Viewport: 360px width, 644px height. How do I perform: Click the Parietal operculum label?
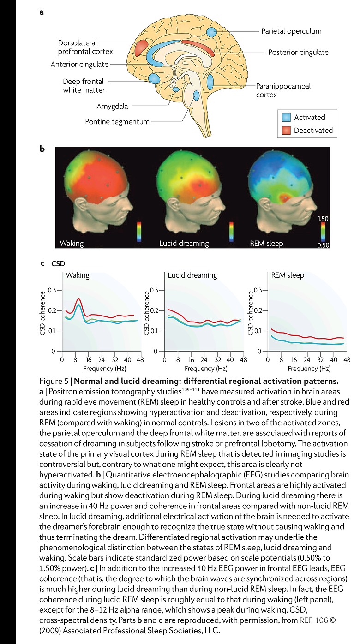tap(291, 31)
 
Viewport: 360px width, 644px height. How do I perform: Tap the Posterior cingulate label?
tap(298, 52)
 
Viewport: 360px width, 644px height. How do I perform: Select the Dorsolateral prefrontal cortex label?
tap(85, 47)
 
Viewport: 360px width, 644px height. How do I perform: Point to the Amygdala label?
tap(112, 106)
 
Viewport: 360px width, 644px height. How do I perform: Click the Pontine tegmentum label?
tap(117, 122)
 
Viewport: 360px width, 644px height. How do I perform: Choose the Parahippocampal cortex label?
tap(283, 90)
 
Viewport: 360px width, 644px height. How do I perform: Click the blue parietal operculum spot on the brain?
tap(211, 32)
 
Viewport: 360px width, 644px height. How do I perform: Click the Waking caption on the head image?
tap(72, 243)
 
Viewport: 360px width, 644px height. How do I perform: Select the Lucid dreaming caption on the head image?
tap(184, 243)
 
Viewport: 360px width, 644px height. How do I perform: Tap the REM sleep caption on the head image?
tap(266, 243)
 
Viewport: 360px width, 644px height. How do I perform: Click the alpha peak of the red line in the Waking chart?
tap(78, 299)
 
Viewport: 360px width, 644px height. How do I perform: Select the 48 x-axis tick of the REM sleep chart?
tap(347, 359)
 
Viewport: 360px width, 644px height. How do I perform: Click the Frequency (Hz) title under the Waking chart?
tap(105, 369)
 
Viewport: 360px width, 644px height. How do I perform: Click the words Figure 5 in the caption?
tap(54, 381)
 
